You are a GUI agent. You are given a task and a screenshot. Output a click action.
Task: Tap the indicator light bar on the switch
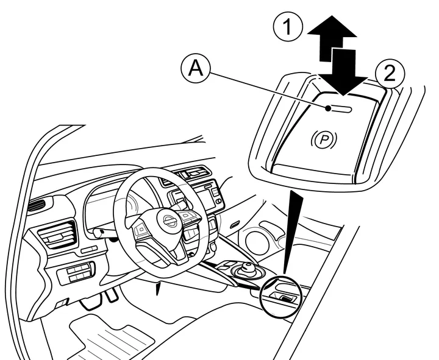339,108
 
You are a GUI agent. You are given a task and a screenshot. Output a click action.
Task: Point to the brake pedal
110,296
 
